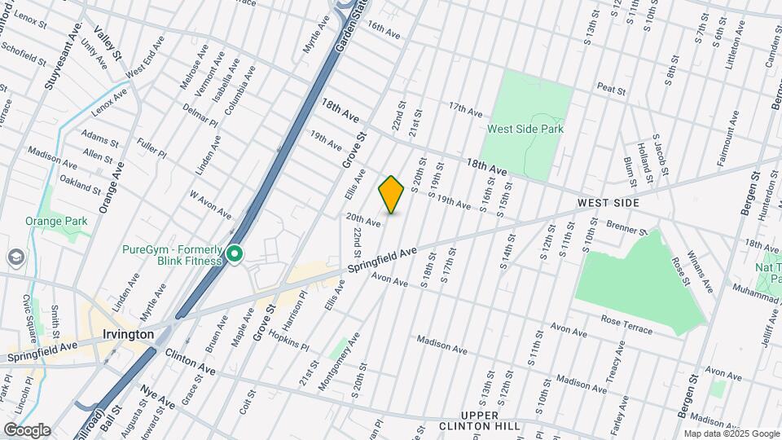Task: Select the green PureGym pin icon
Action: click(x=235, y=255)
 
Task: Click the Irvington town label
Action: click(x=129, y=334)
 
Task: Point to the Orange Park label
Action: click(x=56, y=221)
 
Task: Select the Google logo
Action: click(x=26, y=430)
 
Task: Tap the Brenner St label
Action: click(x=626, y=227)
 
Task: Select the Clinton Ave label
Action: click(x=190, y=362)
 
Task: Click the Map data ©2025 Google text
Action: click(x=731, y=433)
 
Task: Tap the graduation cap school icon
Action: click(x=15, y=257)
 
